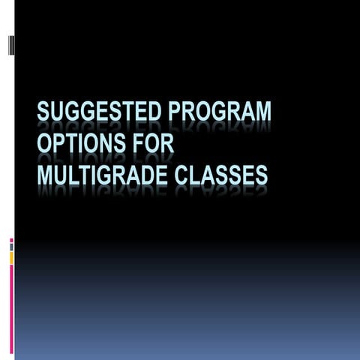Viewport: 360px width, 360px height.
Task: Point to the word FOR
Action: [x=149, y=143]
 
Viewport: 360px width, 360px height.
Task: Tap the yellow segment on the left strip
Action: [x=11, y=257]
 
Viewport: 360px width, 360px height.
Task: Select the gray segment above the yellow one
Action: [x=11, y=247]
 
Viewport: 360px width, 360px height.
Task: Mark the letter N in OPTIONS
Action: [x=103, y=143]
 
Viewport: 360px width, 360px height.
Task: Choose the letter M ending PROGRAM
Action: [x=262, y=115]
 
